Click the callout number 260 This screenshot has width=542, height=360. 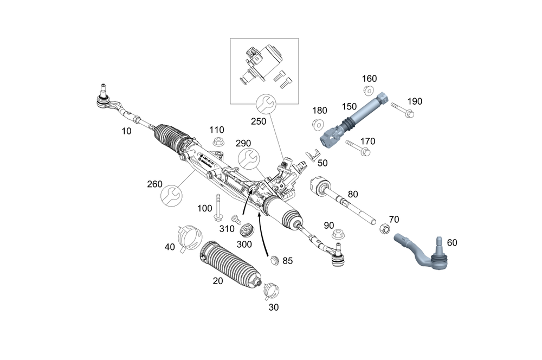click(x=155, y=184)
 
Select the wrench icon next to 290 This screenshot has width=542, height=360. click(x=249, y=158)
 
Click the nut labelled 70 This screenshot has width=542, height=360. click(x=383, y=229)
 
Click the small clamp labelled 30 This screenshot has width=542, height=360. click(x=270, y=290)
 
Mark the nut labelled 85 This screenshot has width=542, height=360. click(x=274, y=260)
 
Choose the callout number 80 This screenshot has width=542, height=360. click(x=353, y=194)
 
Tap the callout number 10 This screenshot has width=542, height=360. click(x=127, y=131)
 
